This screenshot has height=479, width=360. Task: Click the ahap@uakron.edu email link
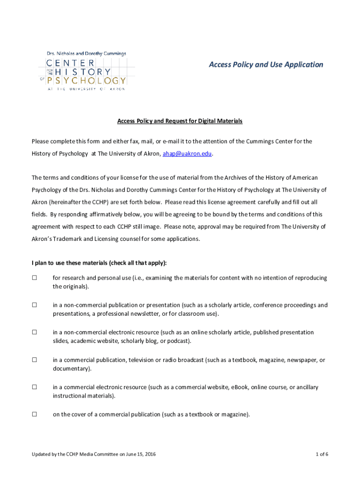coord(187,153)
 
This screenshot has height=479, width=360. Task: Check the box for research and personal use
coord(34,278)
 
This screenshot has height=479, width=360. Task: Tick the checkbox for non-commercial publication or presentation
coord(34,305)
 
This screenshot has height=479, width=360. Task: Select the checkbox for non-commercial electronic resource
coord(34,332)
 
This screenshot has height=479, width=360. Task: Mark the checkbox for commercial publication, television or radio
coord(34,360)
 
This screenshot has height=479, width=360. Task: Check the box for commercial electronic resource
coord(34,387)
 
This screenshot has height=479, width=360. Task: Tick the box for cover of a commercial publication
coord(34,414)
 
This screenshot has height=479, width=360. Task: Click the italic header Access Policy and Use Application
coord(266,65)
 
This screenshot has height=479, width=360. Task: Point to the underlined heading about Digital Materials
coord(180,121)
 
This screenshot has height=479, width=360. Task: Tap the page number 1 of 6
coord(322,454)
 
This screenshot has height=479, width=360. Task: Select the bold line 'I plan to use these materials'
coord(99,262)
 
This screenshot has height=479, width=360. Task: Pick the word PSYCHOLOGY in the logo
coord(86,81)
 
